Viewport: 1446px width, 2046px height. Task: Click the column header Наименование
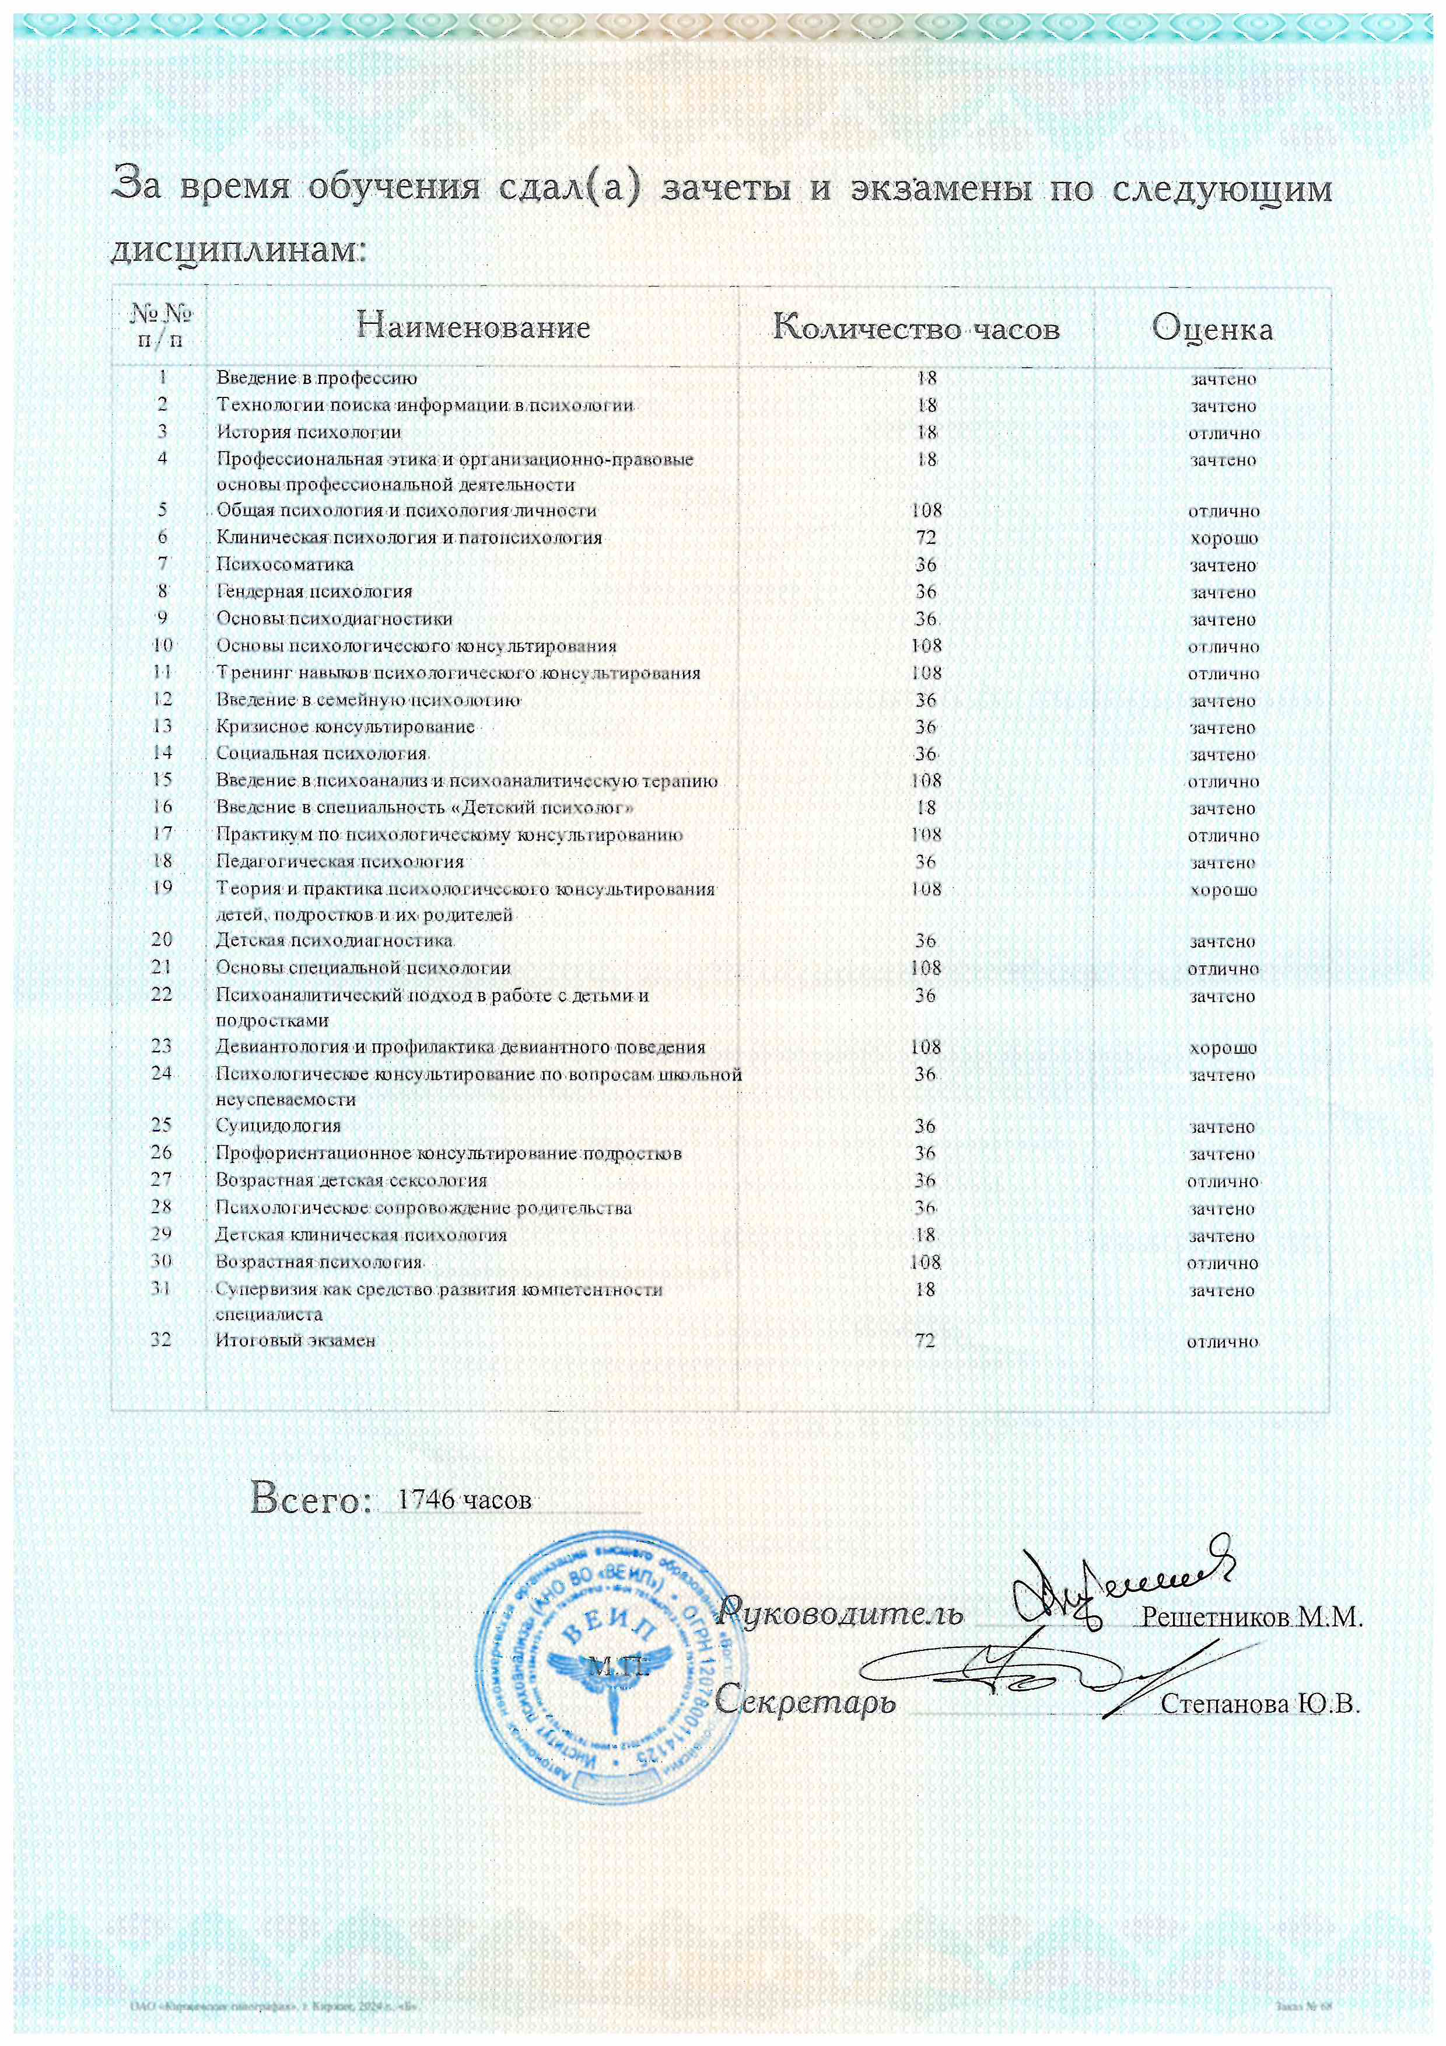click(473, 326)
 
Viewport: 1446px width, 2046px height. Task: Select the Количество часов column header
click(916, 328)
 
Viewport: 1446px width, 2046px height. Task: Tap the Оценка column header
click(1212, 329)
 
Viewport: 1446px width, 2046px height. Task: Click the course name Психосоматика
click(284, 564)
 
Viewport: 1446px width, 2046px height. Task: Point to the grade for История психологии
click(1223, 433)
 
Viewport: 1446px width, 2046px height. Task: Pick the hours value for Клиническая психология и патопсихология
click(926, 537)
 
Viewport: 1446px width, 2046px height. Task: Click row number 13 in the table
click(161, 727)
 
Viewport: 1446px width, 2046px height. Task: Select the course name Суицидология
click(278, 1126)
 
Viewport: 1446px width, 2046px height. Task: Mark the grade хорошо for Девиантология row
click(1223, 1048)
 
